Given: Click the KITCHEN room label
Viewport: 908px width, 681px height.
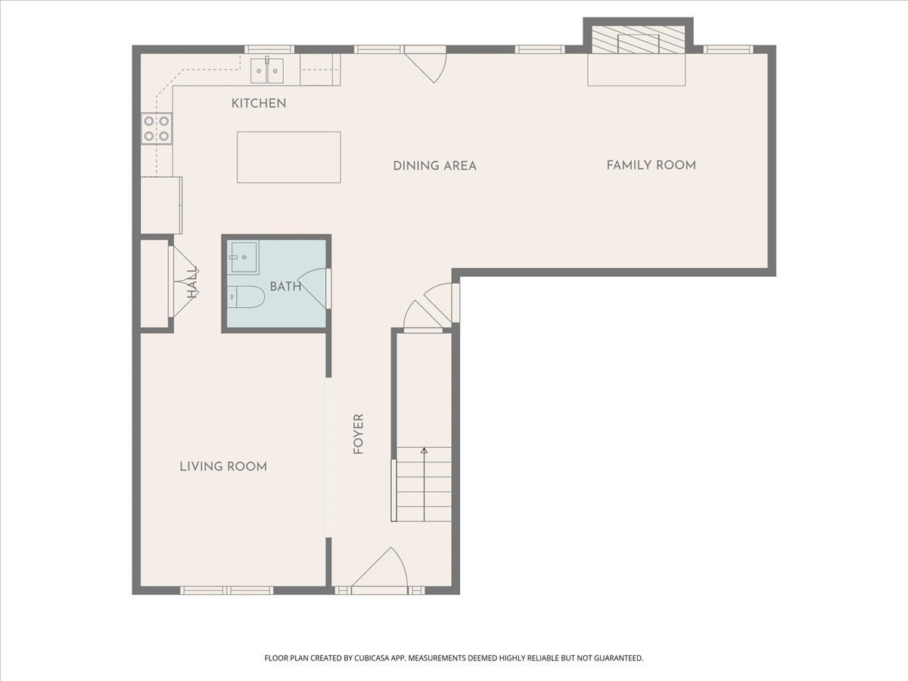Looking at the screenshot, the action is [x=259, y=104].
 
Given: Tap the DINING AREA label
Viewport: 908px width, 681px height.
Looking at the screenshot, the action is [x=435, y=166].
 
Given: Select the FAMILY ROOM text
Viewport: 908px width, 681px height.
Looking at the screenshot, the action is [x=651, y=166].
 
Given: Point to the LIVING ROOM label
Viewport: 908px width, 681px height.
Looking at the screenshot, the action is [x=223, y=467].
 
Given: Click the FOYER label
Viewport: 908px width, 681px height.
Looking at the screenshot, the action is [x=358, y=434].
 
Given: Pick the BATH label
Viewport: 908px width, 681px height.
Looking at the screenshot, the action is [x=285, y=287].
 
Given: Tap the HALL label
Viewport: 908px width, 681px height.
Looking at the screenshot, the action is [x=192, y=282].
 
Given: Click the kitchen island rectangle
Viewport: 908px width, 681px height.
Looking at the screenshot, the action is [x=289, y=157].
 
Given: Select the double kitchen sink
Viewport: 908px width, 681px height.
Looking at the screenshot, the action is [x=267, y=70].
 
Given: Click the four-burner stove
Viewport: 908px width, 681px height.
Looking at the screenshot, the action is [x=157, y=128].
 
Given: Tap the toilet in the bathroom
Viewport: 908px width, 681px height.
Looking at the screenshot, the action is [x=246, y=297].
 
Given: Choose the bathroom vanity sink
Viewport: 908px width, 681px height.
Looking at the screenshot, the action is [x=244, y=257].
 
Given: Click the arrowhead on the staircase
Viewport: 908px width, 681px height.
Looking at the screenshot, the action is [x=424, y=450].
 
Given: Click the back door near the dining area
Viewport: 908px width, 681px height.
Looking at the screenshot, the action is [x=425, y=64].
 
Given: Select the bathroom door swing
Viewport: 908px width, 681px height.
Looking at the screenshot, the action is [x=314, y=288].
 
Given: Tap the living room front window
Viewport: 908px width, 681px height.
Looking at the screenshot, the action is [x=227, y=590].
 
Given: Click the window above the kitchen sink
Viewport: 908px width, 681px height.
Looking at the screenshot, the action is [x=269, y=50].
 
